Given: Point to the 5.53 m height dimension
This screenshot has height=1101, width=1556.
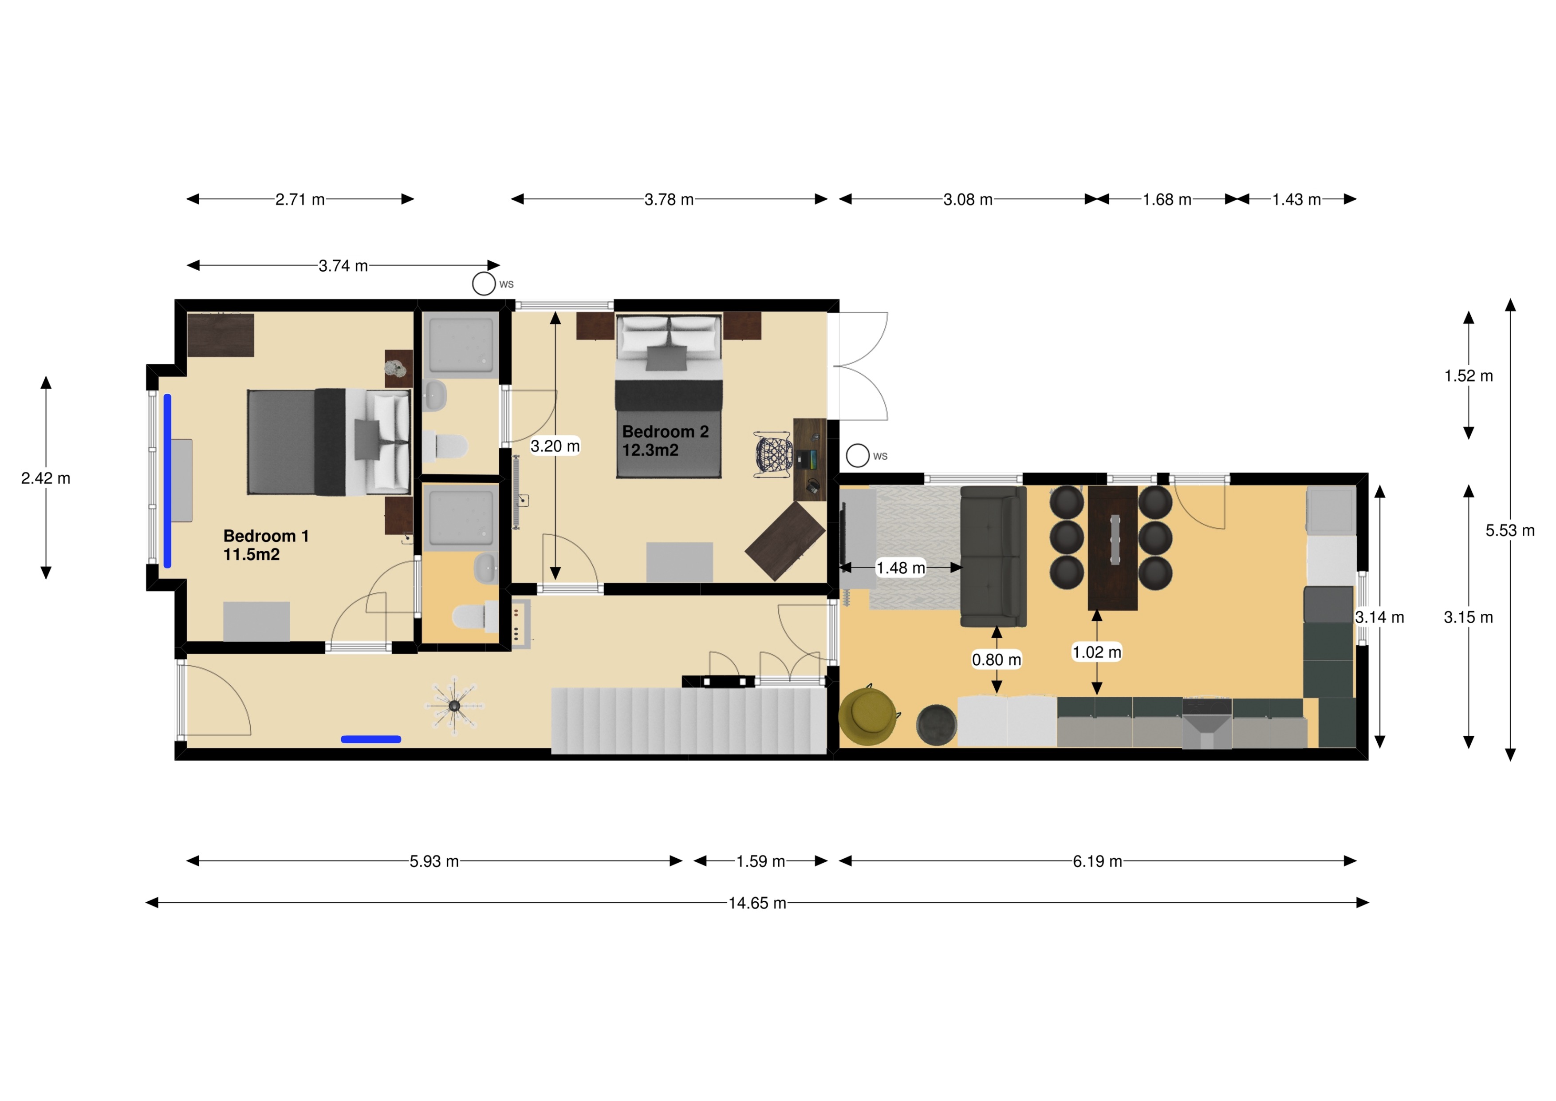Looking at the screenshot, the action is coord(1510,530).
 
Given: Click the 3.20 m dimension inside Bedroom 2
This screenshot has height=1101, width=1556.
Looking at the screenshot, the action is coord(555,446).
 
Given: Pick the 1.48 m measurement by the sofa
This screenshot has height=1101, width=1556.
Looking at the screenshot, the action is coord(901,568).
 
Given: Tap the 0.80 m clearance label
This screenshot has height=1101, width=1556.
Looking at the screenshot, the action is coord(996,659).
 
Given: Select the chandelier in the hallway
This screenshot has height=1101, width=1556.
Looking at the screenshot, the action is coord(454,706).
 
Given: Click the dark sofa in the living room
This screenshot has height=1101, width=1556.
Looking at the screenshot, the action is coord(993,556).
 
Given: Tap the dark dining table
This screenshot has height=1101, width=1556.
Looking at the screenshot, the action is coord(1112,548).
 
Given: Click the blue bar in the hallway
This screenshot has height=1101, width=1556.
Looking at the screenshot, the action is coord(371,739).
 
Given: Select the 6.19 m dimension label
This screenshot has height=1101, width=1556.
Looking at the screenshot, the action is coord(1097,861).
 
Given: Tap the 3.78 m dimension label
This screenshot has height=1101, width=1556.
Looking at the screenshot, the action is coord(669,199).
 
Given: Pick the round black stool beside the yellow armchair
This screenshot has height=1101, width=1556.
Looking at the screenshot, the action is coord(936,725).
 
